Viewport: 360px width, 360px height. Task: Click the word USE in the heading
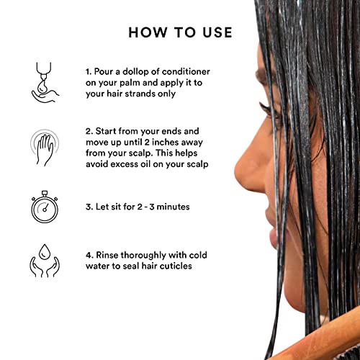click(215, 32)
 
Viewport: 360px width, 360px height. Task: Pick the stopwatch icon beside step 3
click(45, 209)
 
